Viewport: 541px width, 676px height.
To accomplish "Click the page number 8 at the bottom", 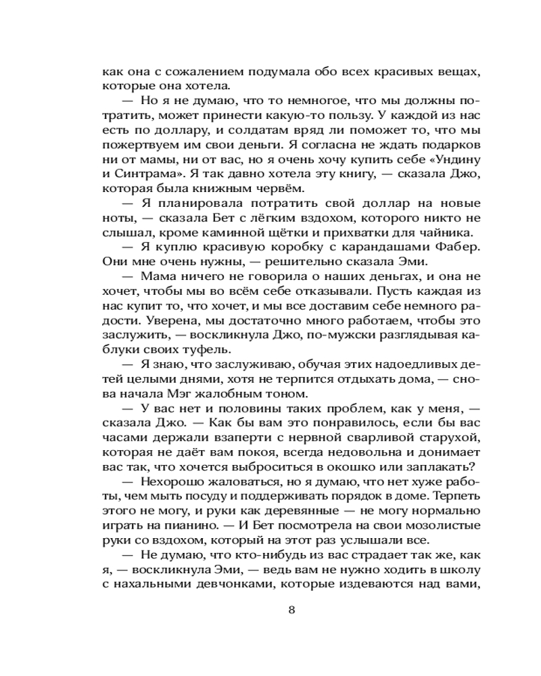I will click(x=291, y=610).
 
